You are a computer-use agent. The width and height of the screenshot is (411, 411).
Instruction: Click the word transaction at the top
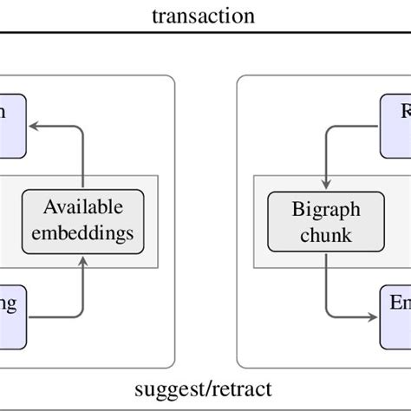(x=205, y=15)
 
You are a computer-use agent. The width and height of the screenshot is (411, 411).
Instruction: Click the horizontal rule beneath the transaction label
(x=205, y=32)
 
